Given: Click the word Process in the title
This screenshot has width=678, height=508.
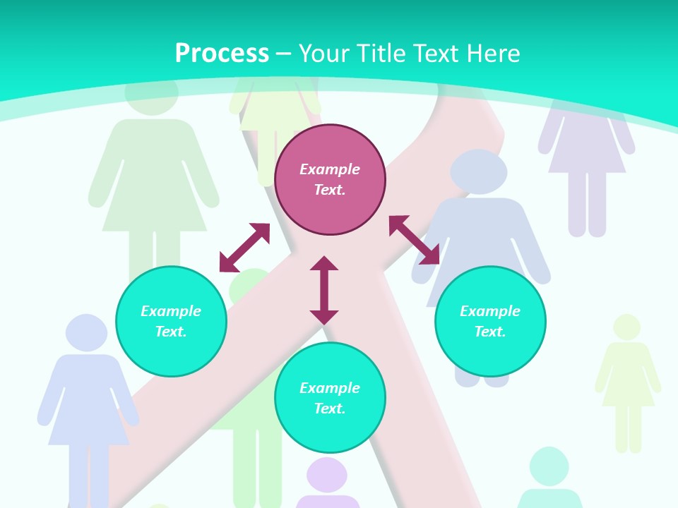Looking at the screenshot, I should pyautogui.click(x=222, y=54).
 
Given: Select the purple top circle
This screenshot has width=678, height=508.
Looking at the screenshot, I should pyautogui.click(x=330, y=179).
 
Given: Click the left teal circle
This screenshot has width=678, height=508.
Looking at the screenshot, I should pyautogui.click(x=171, y=321).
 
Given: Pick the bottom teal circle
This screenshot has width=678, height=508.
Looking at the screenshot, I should pyautogui.click(x=330, y=398).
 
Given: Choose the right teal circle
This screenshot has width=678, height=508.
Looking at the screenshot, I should pyautogui.click(x=490, y=321).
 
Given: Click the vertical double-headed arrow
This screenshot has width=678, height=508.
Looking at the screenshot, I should pyautogui.click(x=324, y=290).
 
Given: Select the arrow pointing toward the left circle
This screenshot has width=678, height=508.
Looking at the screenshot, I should pyautogui.click(x=244, y=248).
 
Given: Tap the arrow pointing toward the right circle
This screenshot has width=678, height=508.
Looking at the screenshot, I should pyautogui.click(x=414, y=240).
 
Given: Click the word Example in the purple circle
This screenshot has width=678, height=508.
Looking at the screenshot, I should pyautogui.click(x=330, y=169).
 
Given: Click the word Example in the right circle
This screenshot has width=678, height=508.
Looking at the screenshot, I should pyautogui.click(x=490, y=311).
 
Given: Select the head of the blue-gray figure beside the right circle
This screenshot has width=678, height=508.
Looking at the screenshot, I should pyautogui.click(x=479, y=171).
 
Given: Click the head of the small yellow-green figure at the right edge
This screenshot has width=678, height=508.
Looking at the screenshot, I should pyautogui.click(x=626, y=327).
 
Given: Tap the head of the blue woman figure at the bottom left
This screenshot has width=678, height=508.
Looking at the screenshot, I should pyautogui.click(x=86, y=332).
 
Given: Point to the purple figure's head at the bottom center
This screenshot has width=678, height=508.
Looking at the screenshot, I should pyautogui.click(x=326, y=476).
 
